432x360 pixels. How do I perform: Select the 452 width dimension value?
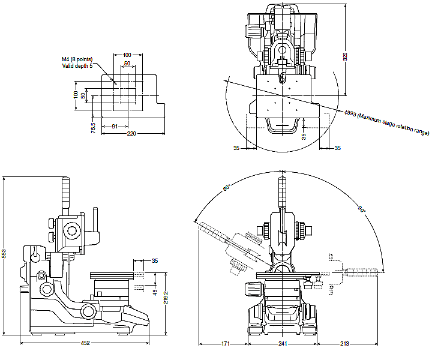[85, 343]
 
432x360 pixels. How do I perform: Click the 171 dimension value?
[224, 343]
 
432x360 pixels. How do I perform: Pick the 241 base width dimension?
[282, 343]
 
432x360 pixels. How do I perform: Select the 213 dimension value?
[344, 343]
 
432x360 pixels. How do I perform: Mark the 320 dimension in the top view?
[345, 56]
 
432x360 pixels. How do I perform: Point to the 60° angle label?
[227, 188]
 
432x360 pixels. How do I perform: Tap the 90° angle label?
[362, 210]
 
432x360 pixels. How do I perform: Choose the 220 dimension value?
[131, 134]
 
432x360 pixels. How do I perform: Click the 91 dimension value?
[115, 126]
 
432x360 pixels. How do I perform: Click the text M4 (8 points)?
[77, 59]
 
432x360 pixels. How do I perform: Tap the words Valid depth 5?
[77, 66]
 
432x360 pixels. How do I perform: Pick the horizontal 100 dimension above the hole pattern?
[127, 55]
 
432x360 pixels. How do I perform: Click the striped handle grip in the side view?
[67, 195]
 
